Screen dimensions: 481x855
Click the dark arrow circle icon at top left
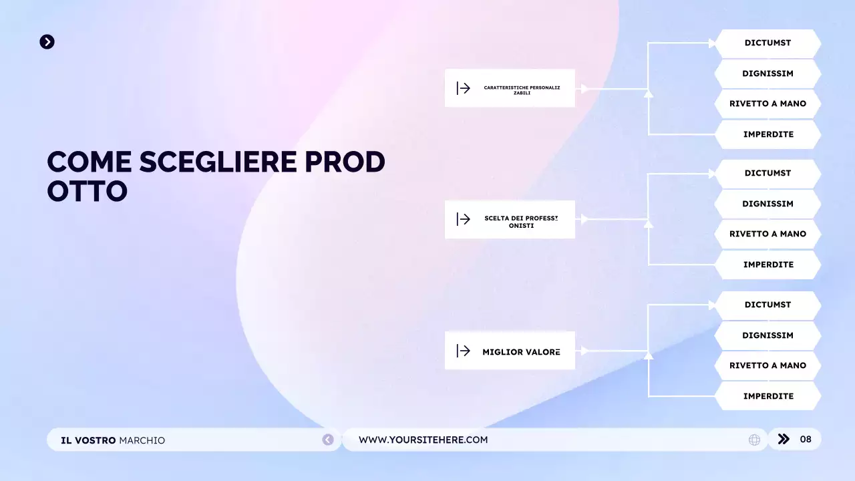pos(47,42)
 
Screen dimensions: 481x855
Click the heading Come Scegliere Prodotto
pos(216,176)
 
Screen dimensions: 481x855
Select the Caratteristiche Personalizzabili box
pos(510,88)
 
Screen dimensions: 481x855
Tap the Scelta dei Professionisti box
pos(510,219)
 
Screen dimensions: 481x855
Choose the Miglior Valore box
pos(510,351)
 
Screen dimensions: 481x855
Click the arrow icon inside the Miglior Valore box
pos(464,351)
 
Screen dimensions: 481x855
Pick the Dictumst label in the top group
pos(767,43)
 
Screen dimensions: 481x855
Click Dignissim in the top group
pos(767,73)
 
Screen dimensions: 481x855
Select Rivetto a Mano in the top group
pos(767,104)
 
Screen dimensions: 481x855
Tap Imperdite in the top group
pos(767,134)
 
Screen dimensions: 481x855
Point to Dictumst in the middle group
pos(767,173)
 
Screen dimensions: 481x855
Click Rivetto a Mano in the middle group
pos(767,234)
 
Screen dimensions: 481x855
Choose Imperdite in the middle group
pos(767,265)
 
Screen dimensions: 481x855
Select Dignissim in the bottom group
pos(767,335)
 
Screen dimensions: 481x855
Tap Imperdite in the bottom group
pos(767,396)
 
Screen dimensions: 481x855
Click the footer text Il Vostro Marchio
pos(113,440)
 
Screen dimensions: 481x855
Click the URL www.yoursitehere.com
pos(423,440)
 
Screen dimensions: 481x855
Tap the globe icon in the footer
pos(754,440)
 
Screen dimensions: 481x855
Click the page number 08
pos(806,439)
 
